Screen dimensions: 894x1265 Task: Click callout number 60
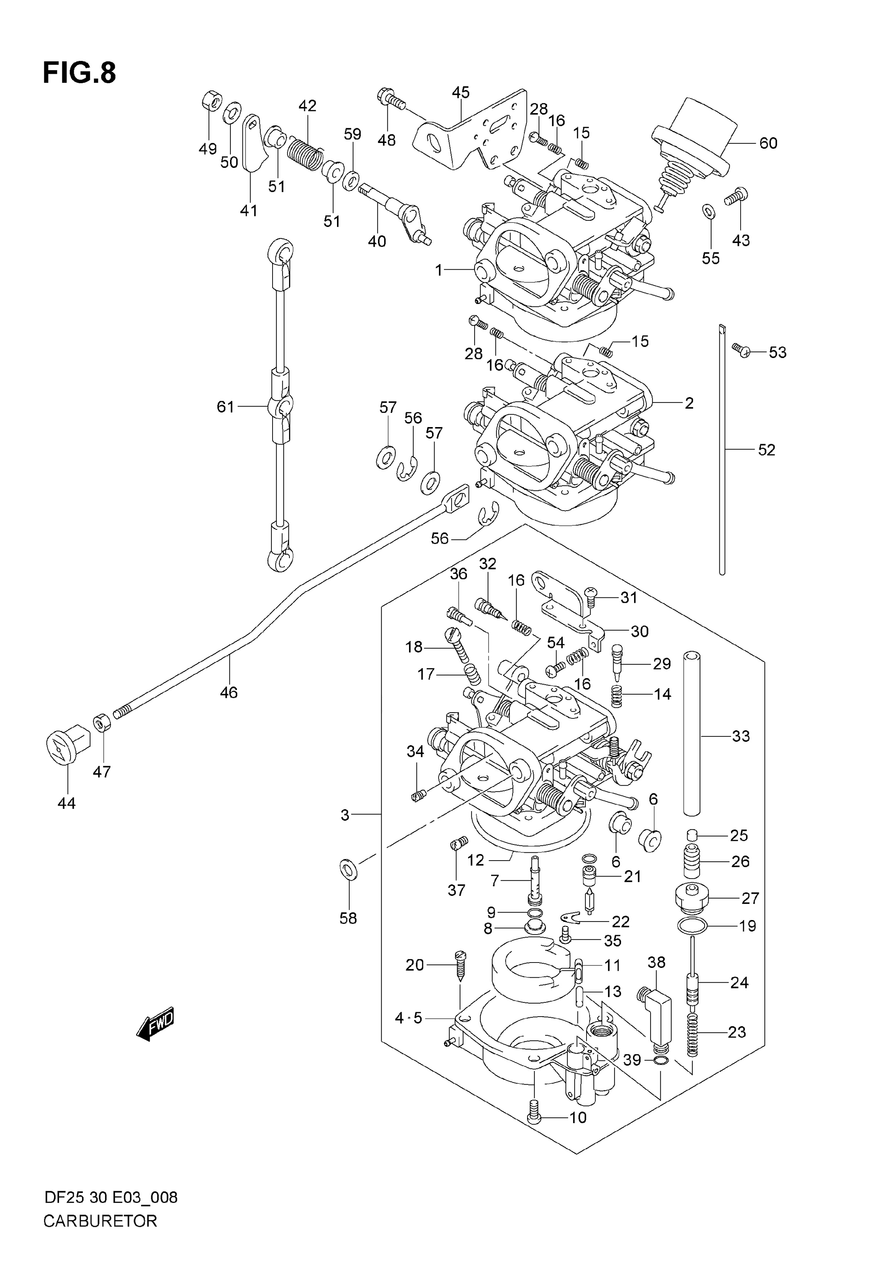(768, 143)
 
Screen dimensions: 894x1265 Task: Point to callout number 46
(229, 692)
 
